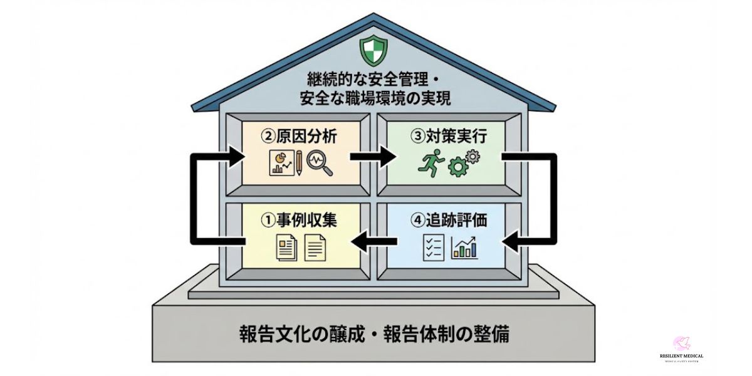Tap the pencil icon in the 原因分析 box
click(x=299, y=163)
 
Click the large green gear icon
click(x=458, y=167)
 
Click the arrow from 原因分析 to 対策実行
click(x=373, y=157)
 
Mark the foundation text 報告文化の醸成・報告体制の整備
click(x=373, y=333)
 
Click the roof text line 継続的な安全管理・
click(x=374, y=80)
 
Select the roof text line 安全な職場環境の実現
click(x=374, y=98)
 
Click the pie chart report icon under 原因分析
click(x=279, y=163)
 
